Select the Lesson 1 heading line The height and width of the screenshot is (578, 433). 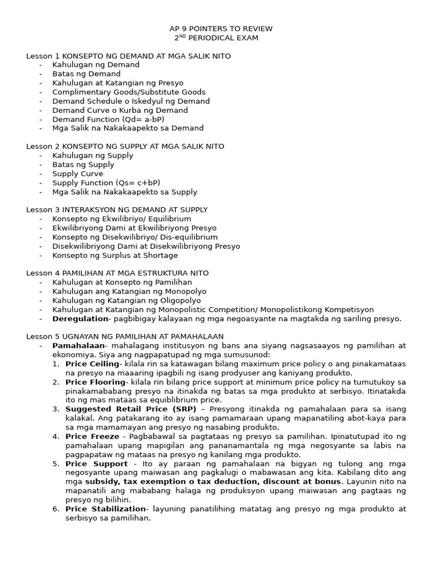128,56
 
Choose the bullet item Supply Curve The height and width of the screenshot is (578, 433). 78,174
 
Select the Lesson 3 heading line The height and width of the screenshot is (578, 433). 117,209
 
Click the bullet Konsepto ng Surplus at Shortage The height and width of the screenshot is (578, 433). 115,255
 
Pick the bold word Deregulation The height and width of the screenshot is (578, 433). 80,318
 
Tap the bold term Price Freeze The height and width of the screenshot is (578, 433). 92,436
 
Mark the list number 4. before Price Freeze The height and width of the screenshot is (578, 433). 56,436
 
